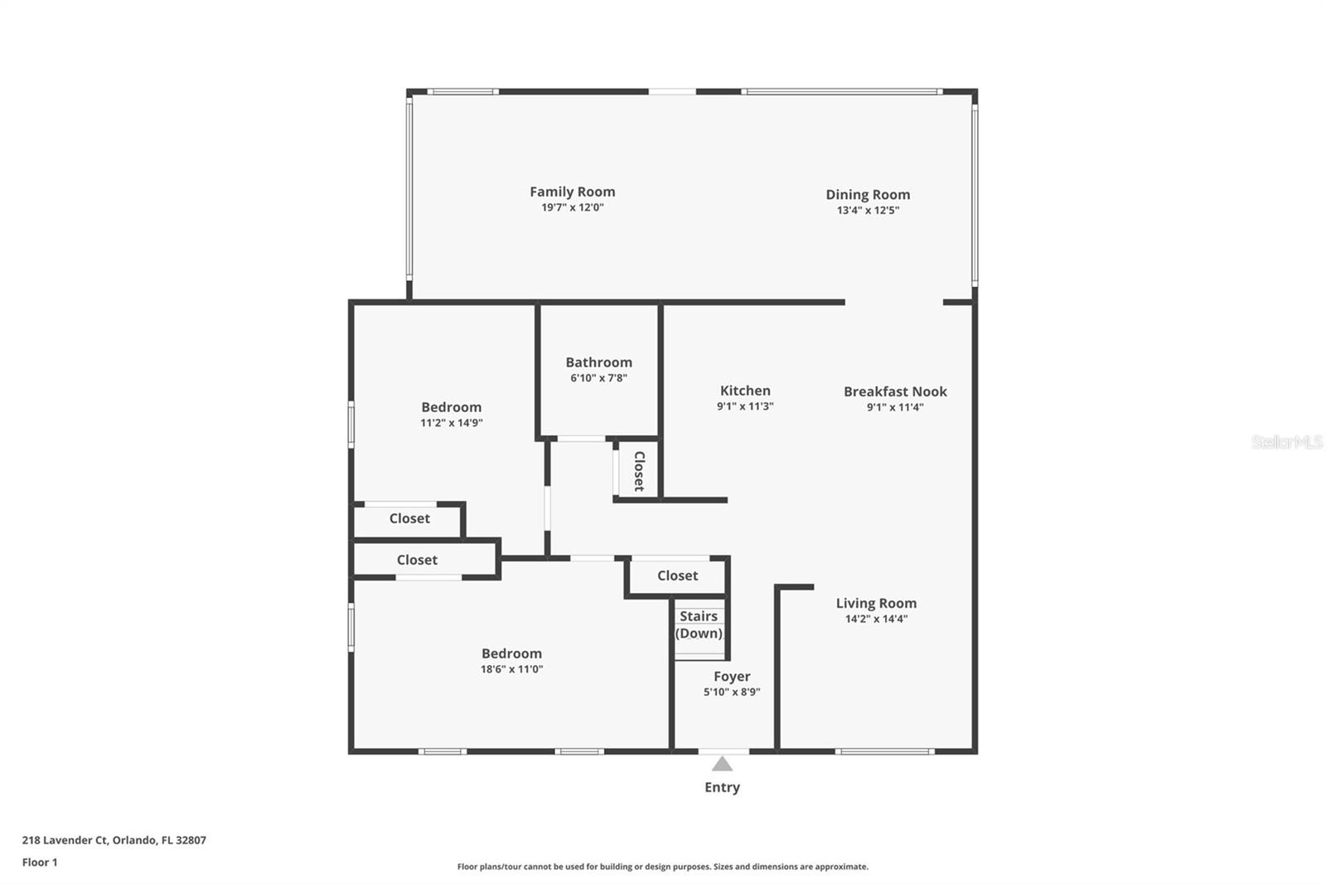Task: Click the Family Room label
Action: (573, 192)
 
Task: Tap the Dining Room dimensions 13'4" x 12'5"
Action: (868, 211)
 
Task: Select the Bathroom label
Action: (598, 362)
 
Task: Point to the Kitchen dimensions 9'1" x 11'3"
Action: (745, 406)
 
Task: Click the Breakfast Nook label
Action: (895, 391)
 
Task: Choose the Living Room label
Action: (876, 603)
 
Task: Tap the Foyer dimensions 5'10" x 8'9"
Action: (732, 692)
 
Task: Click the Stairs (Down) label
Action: (699, 624)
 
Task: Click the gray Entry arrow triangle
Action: (722, 764)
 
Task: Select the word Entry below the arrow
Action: (722, 788)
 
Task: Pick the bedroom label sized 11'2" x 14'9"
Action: (452, 407)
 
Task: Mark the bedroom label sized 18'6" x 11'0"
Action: (511, 653)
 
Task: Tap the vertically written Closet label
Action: (639, 471)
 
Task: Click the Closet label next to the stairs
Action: (677, 576)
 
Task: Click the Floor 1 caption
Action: (40, 862)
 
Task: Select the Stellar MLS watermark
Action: (1287, 441)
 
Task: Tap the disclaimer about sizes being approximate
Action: (662, 867)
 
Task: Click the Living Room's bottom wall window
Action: (885, 751)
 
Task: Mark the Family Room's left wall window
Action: (409, 189)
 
